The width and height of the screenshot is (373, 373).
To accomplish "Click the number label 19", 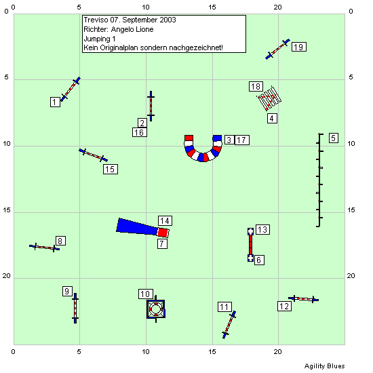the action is point(299,47).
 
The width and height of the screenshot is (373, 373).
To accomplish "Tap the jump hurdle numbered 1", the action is point(71,90).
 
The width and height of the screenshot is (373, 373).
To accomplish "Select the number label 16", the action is point(140,132).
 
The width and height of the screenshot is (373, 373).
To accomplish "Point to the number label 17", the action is point(242,140).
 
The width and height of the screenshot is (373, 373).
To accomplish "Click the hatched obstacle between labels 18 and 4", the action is point(269,98).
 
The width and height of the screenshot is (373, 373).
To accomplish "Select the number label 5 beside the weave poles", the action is point(334,138).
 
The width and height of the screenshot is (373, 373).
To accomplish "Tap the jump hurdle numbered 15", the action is point(94,155).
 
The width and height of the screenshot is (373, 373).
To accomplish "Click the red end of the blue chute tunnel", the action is point(163,233).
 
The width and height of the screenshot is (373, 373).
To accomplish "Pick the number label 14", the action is point(165,221).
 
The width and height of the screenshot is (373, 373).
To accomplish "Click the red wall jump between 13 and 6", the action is point(250,245).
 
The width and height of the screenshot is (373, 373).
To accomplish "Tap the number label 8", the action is point(60,241).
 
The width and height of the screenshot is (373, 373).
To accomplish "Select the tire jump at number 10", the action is point(156,309).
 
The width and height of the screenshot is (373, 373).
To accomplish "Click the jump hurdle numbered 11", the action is point(229,325).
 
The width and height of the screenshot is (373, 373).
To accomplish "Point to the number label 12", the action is point(284,306).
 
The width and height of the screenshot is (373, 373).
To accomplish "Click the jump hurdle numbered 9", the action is point(75,309).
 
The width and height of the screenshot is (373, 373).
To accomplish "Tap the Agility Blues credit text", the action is point(324,366).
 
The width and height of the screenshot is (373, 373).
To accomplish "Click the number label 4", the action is point(272,118).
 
